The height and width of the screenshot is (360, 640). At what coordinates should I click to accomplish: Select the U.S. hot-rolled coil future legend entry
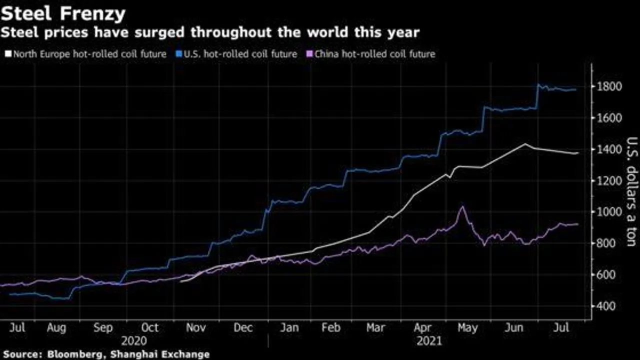(x=237, y=53)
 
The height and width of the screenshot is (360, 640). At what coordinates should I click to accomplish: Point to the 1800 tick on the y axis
(x=609, y=87)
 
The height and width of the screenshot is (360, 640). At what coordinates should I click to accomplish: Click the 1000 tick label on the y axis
(x=609, y=212)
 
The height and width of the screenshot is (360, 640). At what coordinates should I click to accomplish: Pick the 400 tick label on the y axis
(x=606, y=306)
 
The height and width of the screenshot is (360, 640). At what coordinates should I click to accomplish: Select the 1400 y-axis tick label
(x=609, y=149)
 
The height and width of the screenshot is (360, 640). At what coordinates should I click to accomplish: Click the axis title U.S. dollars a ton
(x=631, y=191)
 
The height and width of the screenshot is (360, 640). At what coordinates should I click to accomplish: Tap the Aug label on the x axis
(x=56, y=328)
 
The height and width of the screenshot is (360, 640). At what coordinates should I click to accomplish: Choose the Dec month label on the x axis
(x=243, y=328)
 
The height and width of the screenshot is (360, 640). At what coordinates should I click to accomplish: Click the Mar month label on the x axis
(x=375, y=328)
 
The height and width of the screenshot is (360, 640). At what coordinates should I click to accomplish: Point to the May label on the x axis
(x=467, y=328)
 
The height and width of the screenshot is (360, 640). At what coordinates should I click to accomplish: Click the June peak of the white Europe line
(x=525, y=144)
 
